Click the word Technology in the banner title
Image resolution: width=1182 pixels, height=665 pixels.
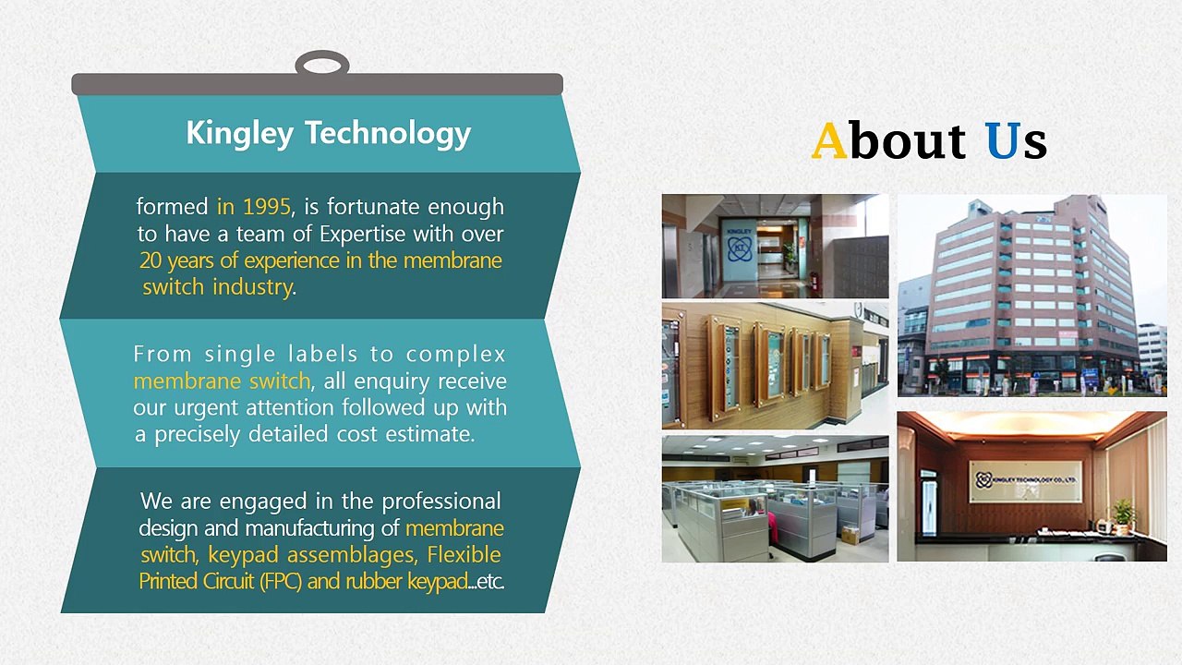(387, 133)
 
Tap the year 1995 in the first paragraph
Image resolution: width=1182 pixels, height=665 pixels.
(267, 207)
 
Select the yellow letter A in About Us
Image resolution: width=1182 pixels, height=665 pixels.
(828, 141)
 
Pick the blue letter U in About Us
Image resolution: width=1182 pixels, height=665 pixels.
(1001, 141)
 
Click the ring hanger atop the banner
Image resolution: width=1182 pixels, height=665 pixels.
(321, 66)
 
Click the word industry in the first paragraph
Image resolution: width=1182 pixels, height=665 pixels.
(252, 287)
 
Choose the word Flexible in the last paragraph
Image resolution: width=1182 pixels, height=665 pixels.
(464, 555)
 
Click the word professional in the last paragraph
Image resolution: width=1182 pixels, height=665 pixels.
(441, 502)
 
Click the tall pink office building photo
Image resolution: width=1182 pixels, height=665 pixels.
(1031, 295)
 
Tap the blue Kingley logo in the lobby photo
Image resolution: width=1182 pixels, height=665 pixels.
(739, 247)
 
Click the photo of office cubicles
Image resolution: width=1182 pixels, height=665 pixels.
(775, 499)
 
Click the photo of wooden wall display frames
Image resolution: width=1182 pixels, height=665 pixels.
(775, 365)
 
